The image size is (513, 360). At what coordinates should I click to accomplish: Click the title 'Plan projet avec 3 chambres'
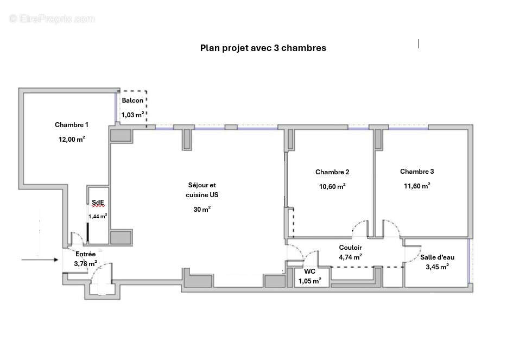point(263,48)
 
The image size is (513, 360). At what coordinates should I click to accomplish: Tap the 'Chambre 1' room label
point(72,125)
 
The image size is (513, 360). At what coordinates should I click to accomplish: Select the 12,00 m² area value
point(72,139)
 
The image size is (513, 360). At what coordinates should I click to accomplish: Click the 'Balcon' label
point(132,101)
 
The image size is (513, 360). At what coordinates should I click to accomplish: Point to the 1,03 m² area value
point(132,115)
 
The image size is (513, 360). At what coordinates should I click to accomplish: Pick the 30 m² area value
point(202,210)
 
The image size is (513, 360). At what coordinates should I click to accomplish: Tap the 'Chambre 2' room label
point(332,172)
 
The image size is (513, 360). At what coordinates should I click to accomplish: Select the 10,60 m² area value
point(332,186)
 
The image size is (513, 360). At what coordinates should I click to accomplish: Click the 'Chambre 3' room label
point(417,172)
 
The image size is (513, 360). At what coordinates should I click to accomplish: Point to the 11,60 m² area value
point(417,186)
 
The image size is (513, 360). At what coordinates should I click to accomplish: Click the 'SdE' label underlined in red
point(98,203)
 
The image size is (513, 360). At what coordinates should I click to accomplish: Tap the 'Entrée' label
point(86,254)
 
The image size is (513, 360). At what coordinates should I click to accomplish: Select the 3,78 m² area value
point(86,264)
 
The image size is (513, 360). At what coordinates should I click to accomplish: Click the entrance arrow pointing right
point(41,260)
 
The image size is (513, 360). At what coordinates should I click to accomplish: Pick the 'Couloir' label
point(350,248)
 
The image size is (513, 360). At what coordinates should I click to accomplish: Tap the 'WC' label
point(309,271)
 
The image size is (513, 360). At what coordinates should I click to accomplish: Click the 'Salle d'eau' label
point(437,257)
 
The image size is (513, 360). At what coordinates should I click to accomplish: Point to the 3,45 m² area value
point(437,267)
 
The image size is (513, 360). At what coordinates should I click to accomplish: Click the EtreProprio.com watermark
point(52,19)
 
